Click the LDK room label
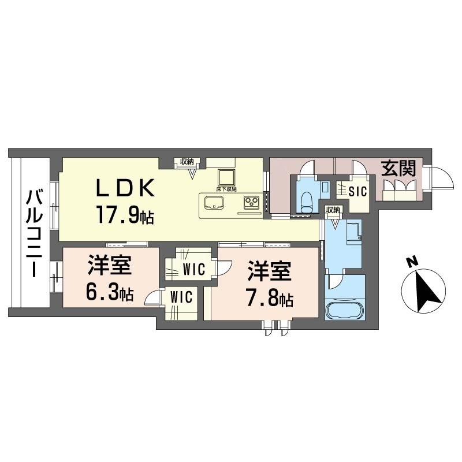coord(125,187)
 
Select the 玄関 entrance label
coord(398,169)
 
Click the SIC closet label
coord(357,192)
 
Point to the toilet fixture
coord(305,203)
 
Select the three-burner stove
coord(251,202)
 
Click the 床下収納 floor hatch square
coord(226,178)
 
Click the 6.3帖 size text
coord(110,293)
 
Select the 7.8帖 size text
coord(269,299)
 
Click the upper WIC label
coord(193,269)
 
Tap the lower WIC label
coord(181,296)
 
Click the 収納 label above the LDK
coord(187,162)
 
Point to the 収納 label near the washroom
coord(333,210)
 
